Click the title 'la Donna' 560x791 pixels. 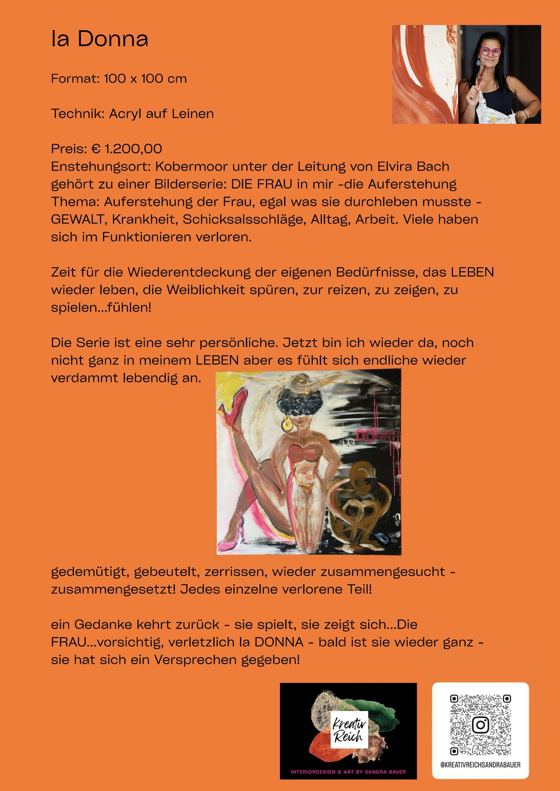click(x=99, y=39)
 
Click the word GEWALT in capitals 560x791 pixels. click(x=78, y=219)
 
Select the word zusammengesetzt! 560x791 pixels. click(x=113, y=589)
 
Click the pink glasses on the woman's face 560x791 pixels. click(x=490, y=52)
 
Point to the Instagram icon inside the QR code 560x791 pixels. click(x=480, y=725)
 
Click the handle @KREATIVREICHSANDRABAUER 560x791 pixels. click(x=480, y=765)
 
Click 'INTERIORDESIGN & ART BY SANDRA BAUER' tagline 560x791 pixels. click(x=348, y=772)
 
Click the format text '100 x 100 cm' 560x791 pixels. click(x=145, y=78)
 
